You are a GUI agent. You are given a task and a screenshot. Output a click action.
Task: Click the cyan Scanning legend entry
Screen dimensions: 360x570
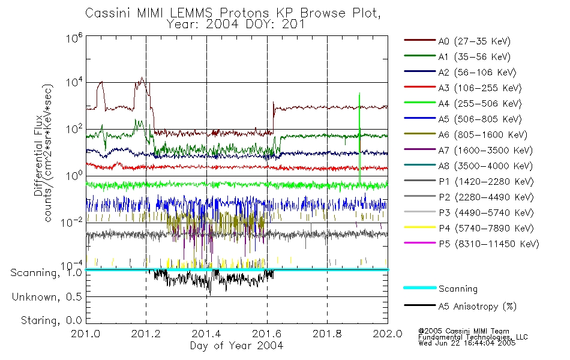tap(458, 289)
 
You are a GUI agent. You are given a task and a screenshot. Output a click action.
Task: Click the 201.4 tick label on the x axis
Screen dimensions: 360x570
tap(206, 335)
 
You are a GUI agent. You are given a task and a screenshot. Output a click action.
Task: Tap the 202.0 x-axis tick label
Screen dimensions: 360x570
tap(388, 335)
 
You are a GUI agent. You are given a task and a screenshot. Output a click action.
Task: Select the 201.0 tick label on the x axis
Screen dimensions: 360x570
tap(86, 335)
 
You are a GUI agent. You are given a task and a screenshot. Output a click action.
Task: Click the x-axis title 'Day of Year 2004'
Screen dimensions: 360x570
tap(236, 346)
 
